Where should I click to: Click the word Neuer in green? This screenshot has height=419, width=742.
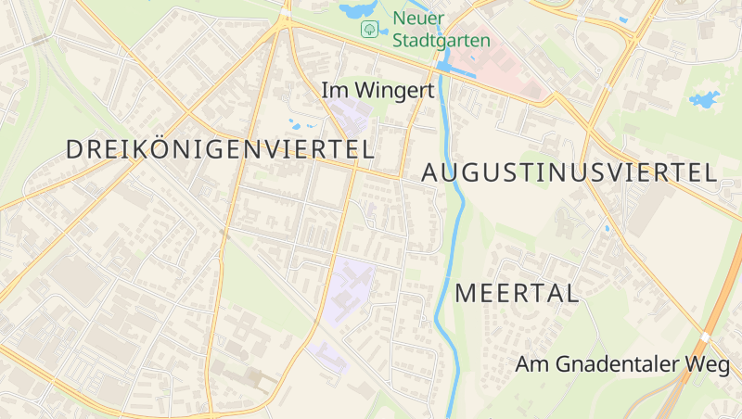(x=417, y=19)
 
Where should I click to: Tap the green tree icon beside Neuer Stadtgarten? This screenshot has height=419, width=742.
(x=369, y=29)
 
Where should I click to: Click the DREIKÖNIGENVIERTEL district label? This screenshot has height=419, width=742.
(x=221, y=148)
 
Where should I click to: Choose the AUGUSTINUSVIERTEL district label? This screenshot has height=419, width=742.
(x=569, y=171)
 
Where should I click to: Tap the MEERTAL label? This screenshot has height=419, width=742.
(x=517, y=294)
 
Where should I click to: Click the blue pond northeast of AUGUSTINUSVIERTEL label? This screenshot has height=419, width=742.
(x=705, y=98)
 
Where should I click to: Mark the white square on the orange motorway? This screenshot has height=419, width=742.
(x=707, y=337)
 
